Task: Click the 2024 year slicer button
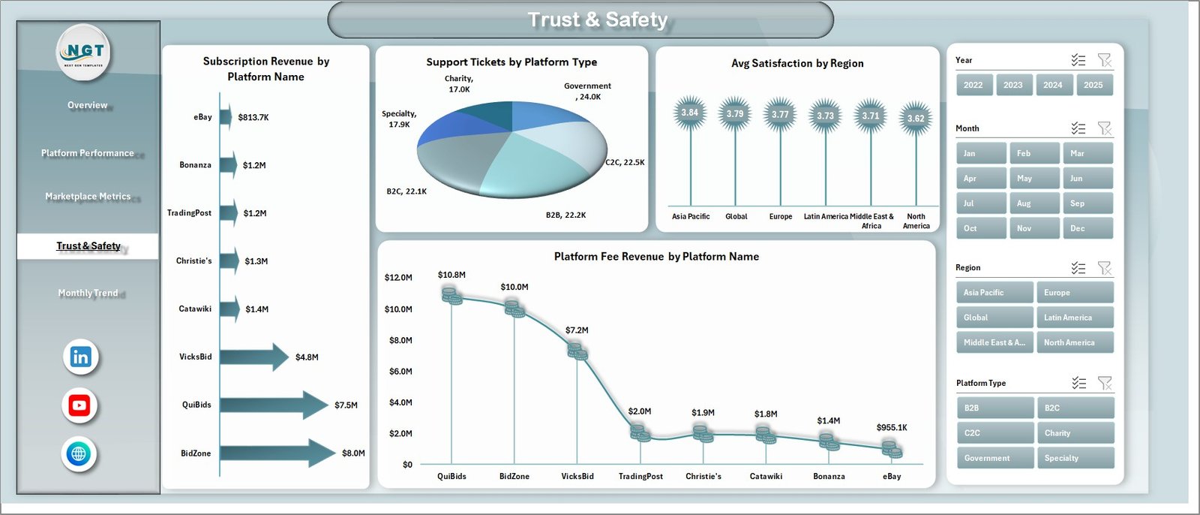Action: pos(1052,85)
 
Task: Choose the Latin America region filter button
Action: pos(1075,318)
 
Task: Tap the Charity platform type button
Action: pos(1075,433)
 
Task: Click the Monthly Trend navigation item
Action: pos(88,293)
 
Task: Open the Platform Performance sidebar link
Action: pos(88,153)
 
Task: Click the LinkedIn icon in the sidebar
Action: pos(80,357)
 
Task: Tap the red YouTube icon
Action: pos(79,405)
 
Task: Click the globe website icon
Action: pos(79,453)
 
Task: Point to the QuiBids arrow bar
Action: pos(273,405)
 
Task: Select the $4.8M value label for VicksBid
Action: pos(307,357)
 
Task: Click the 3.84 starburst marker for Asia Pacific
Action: pos(689,113)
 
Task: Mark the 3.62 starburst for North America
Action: pos(916,118)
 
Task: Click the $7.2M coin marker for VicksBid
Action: pos(577,351)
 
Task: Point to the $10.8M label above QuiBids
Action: pos(451,275)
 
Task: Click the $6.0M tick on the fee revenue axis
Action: pos(400,372)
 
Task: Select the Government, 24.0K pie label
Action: pos(587,91)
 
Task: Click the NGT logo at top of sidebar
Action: pos(85,52)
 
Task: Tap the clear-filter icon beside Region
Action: pos(1104,268)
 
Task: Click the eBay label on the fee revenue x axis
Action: pos(892,477)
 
